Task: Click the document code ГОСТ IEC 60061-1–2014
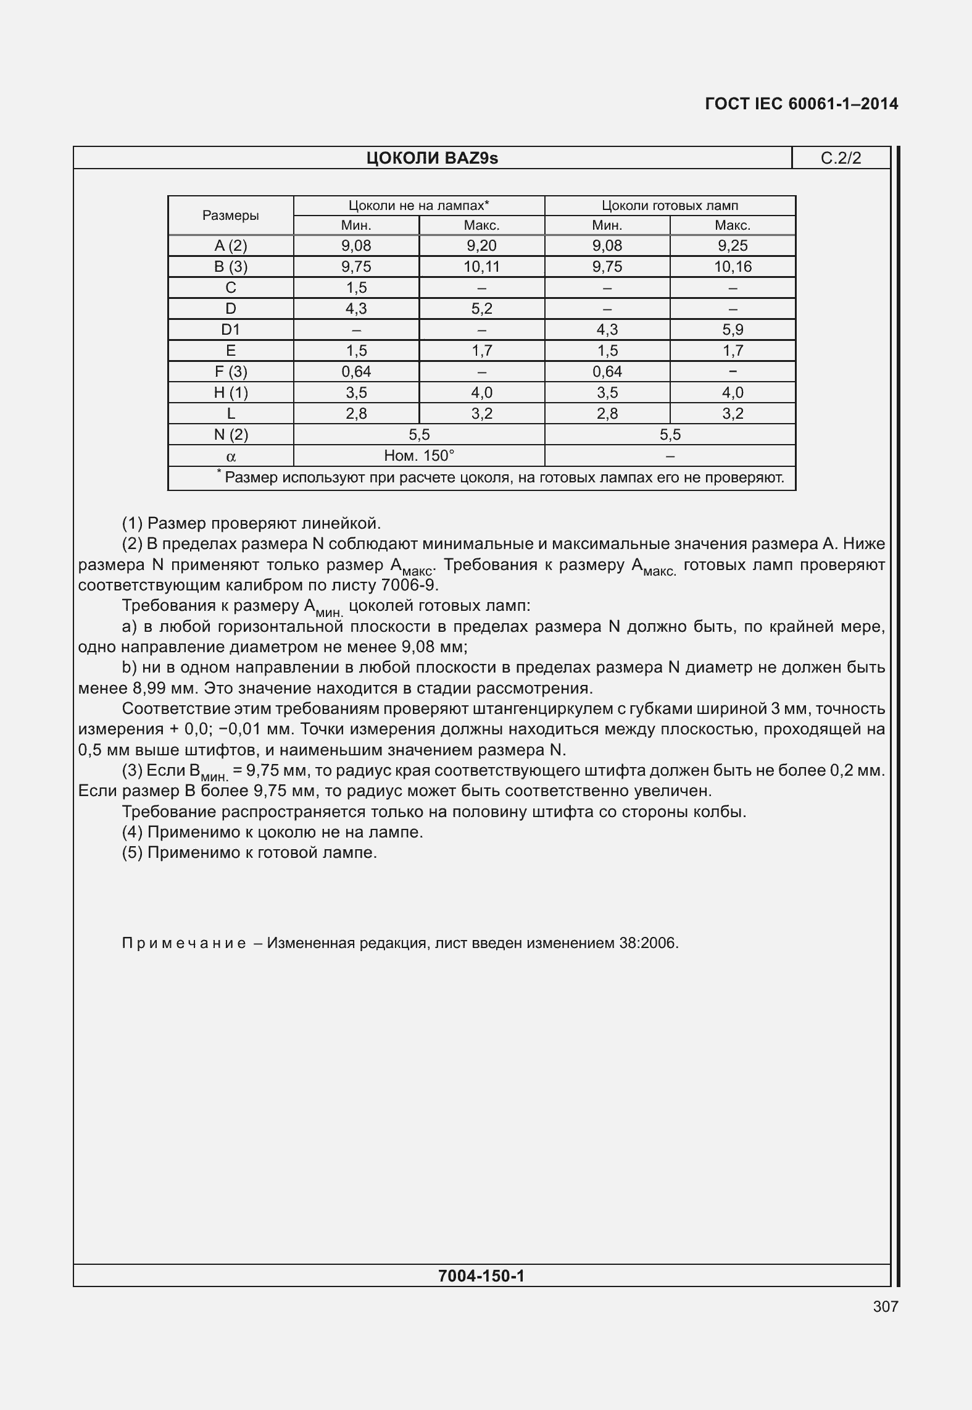(x=801, y=104)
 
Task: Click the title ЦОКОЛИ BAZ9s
(x=432, y=159)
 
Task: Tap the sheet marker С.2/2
(x=841, y=159)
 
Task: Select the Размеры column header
(x=230, y=216)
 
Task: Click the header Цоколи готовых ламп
(x=670, y=206)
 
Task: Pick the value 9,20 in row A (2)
(x=481, y=246)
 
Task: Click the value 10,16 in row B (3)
(x=733, y=267)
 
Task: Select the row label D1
(x=230, y=330)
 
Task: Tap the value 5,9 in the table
(x=733, y=330)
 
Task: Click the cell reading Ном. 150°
(x=419, y=456)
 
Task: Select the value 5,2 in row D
(x=481, y=309)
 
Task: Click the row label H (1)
(x=230, y=393)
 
